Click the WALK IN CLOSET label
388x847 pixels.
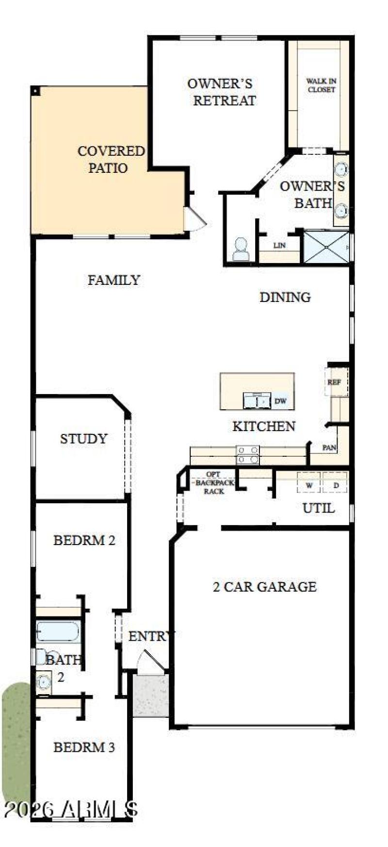(321, 85)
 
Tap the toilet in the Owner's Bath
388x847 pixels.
(241, 249)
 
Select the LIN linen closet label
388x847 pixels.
(279, 246)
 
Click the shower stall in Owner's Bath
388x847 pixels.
(326, 248)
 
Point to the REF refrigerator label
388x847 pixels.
(334, 382)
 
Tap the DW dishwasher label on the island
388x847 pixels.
(280, 401)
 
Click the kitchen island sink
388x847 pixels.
(257, 401)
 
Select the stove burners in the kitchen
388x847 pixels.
(247, 455)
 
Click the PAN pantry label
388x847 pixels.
(329, 448)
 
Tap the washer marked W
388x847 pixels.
(308, 485)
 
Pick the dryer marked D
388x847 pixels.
(336, 485)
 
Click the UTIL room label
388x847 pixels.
(318, 508)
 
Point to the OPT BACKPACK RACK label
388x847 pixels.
(214, 482)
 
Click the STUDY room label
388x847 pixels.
(83, 439)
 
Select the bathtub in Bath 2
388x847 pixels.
(58, 631)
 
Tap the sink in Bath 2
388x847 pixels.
(44, 682)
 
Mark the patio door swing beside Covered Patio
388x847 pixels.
(195, 219)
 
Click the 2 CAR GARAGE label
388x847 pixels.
(265, 587)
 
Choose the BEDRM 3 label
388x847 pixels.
(84, 747)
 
